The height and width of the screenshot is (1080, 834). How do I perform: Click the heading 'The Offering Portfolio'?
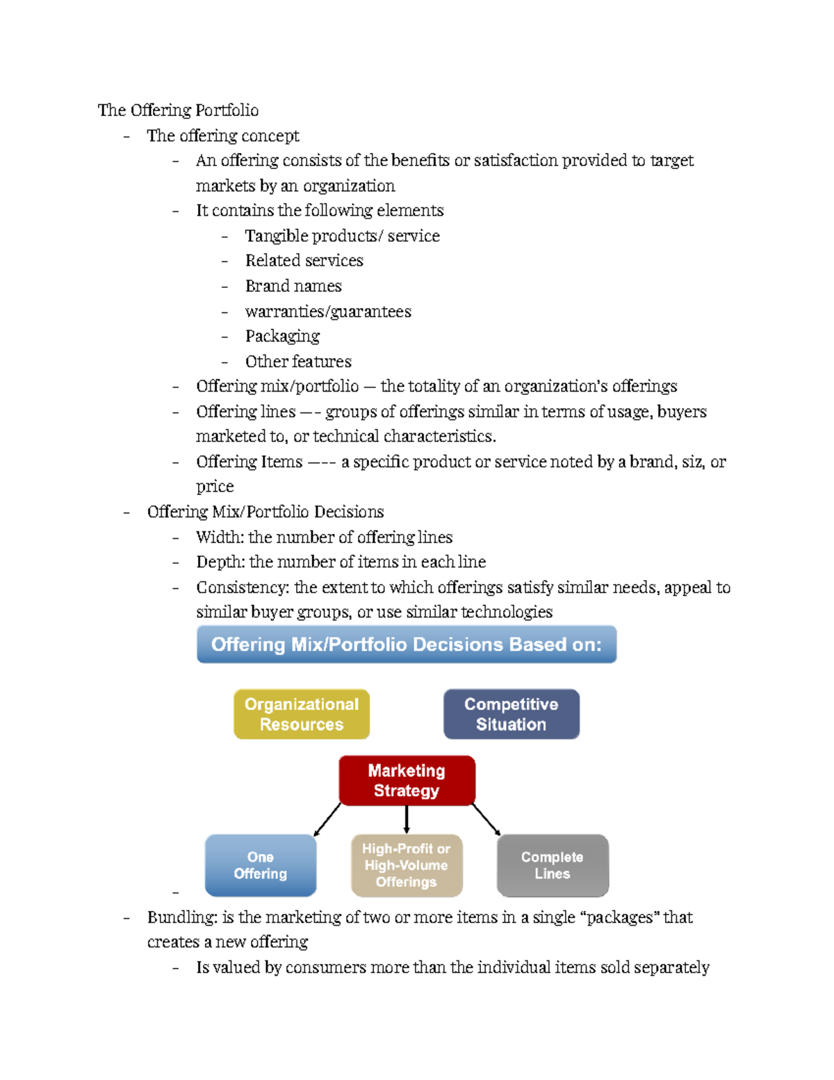pos(178,110)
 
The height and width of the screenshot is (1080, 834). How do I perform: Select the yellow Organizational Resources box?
pos(302,714)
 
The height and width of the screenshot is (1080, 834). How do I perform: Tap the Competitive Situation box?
pos(511,714)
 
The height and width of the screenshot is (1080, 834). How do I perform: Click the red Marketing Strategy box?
pos(407,780)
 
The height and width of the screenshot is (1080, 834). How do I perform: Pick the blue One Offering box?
pos(261,865)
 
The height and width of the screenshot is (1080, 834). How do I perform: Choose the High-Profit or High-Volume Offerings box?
pos(407,865)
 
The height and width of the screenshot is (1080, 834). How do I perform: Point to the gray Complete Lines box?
pos(553,865)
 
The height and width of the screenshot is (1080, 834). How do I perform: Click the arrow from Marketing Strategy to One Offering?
pos(327,820)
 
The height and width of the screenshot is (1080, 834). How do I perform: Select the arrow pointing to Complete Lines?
pos(486,819)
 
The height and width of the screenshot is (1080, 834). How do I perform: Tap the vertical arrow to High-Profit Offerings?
pos(407,820)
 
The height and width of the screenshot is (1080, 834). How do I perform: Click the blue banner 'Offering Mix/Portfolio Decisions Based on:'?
pos(407,644)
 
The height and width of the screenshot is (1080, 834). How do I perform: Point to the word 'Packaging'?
pos(282,336)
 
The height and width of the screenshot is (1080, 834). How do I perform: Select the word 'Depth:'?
pos(220,562)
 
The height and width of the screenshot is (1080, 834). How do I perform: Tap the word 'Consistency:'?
pos(243,588)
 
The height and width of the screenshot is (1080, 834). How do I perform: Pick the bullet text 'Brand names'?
pos(293,286)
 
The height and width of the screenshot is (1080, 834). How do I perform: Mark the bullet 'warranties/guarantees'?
pos(328,312)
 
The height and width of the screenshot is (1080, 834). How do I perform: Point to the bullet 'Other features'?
pos(298,362)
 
